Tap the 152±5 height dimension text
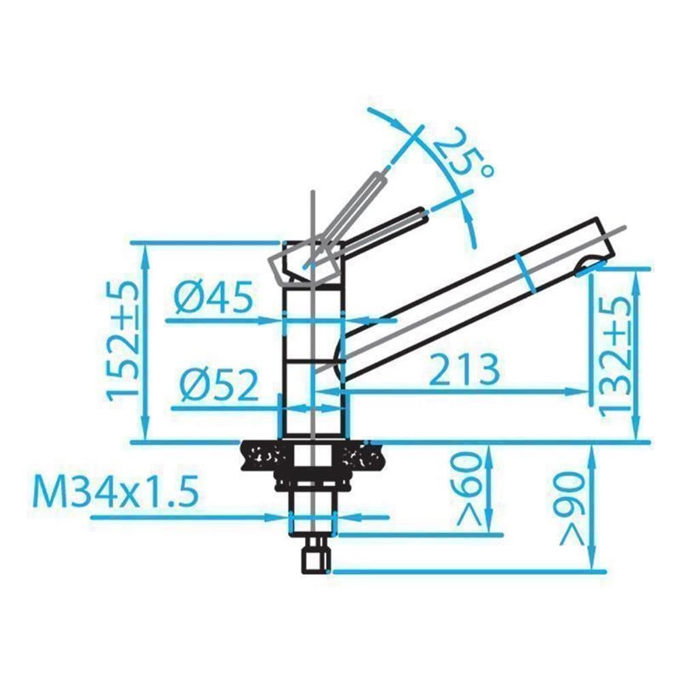coord(123,338)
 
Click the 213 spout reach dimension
coord(464,370)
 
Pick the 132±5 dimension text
coord(614,355)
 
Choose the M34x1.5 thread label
coord(116,492)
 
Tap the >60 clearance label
coord(469,488)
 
